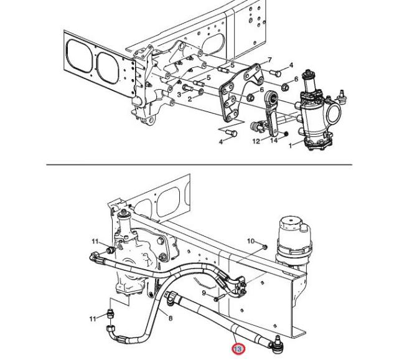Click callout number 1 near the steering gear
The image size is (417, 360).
pos(291,146)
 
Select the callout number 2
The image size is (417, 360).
pos(190,99)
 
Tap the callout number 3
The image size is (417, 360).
pos(179,95)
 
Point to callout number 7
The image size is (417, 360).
pos(269,60)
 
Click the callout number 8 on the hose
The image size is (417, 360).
pos(171,318)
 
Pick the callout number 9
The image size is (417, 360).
pos(204,293)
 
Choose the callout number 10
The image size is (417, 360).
pos(251,241)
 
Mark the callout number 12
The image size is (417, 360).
pos(256,141)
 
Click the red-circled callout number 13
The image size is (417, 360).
pos(238,349)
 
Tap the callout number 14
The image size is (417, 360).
pos(274,140)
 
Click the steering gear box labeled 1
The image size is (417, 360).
pos(316,111)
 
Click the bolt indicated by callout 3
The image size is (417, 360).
pos(189,87)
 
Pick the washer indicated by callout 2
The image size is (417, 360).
pos(201,92)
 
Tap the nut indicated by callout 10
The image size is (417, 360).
pos(265,247)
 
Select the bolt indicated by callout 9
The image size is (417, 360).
pos(220,296)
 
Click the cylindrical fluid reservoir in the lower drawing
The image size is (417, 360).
pos(294,239)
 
